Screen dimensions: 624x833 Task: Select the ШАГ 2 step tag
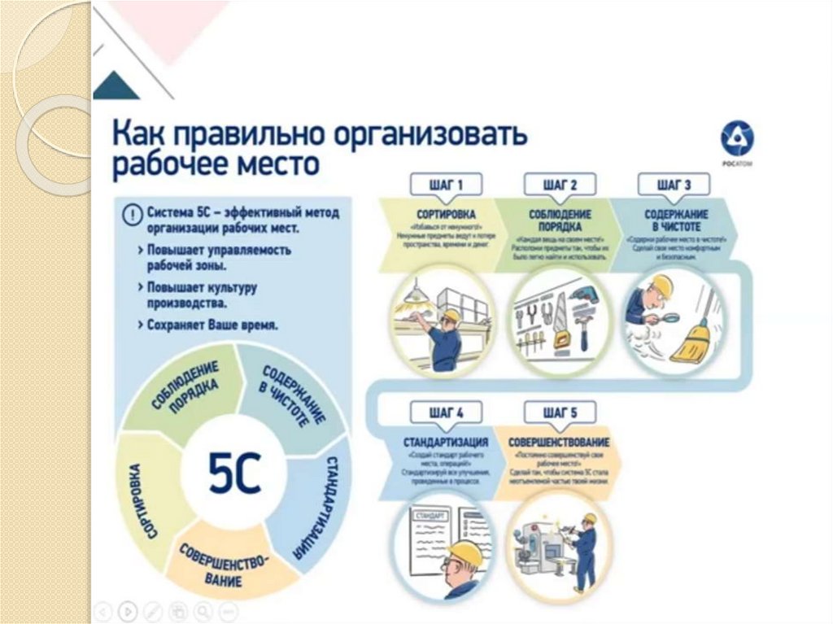pyautogui.click(x=560, y=185)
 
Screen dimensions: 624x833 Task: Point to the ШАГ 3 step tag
pyautogui.click(x=674, y=185)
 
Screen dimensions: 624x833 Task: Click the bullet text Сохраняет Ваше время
pyautogui.click(x=212, y=325)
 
